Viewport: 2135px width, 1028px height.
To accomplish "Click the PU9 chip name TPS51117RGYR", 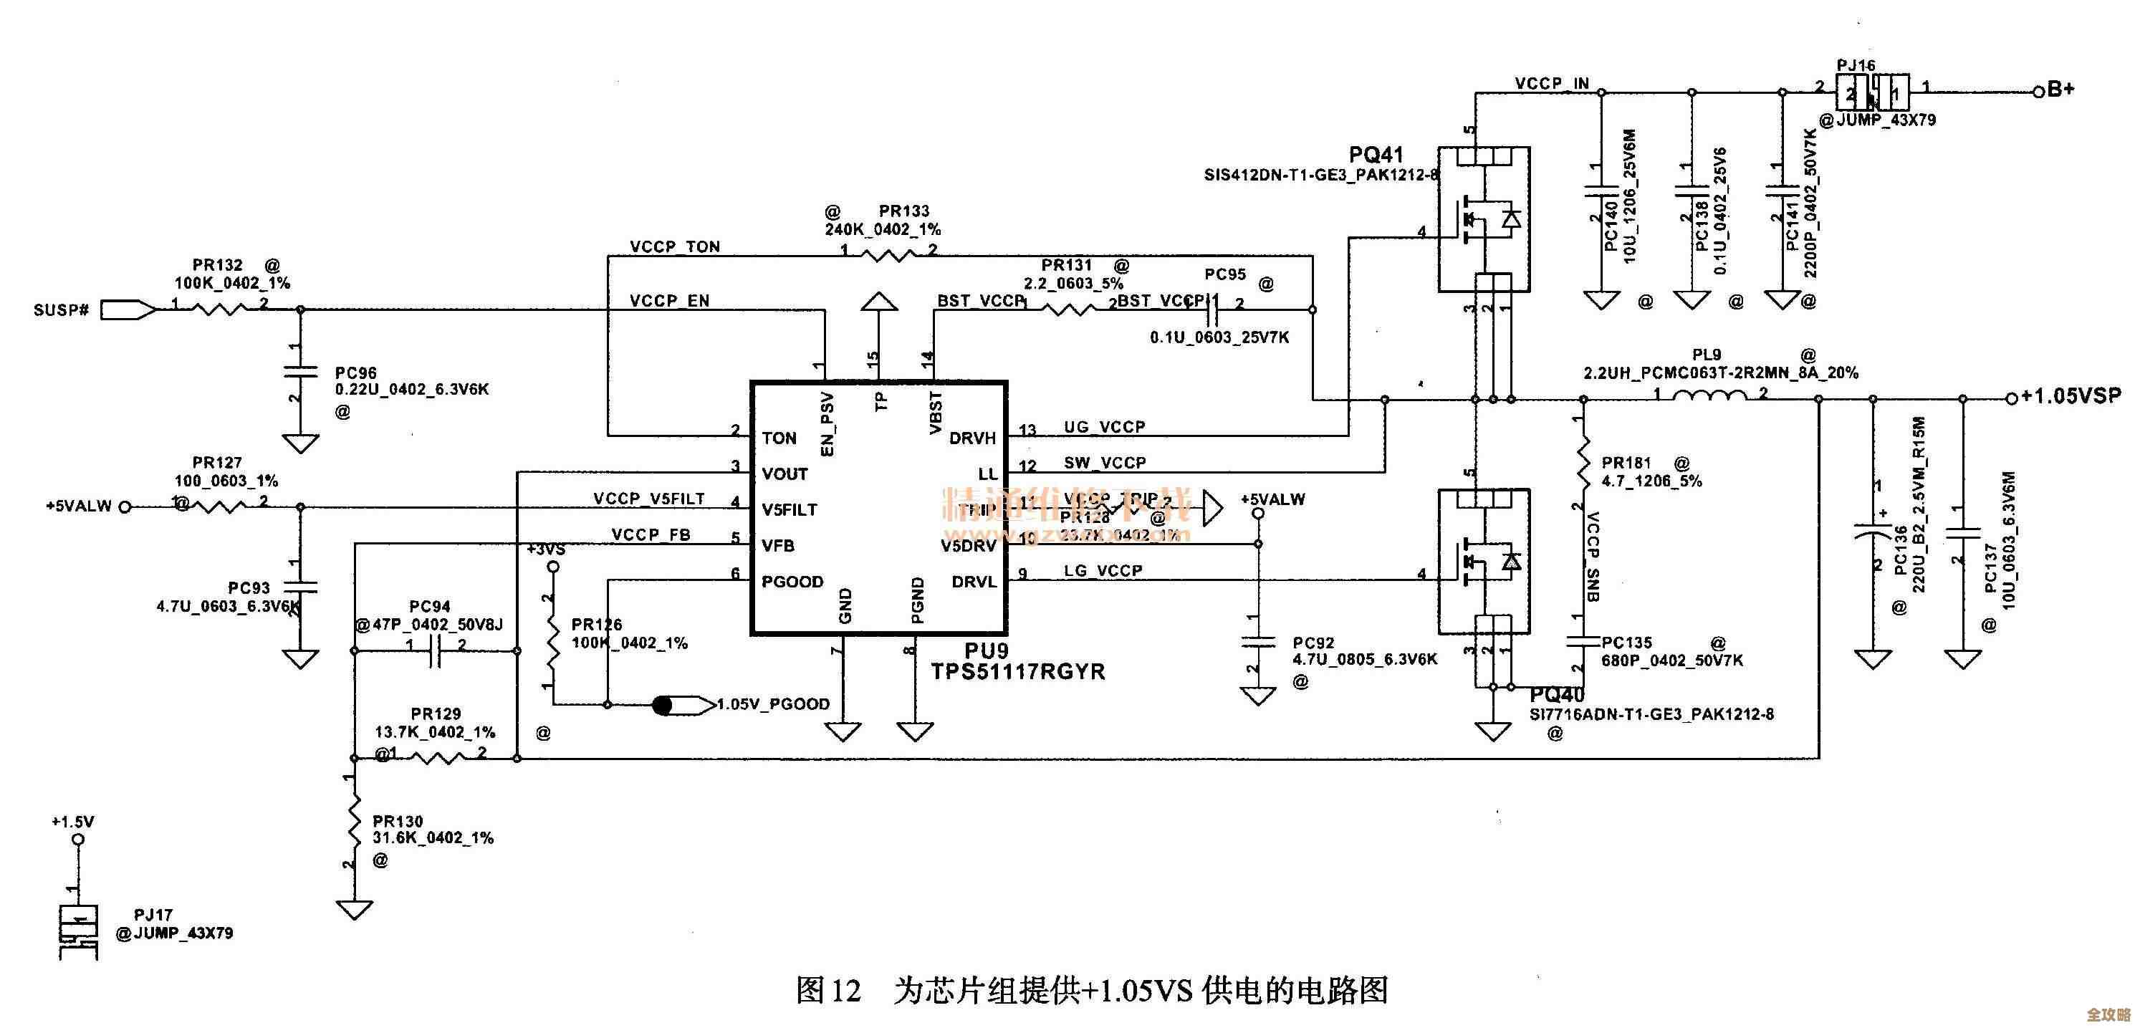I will pyautogui.click(x=1018, y=671).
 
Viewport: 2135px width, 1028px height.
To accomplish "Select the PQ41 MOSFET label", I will pyautogui.click(x=1376, y=155).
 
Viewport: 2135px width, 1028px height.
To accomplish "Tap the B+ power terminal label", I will pyautogui.click(x=2061, y=90).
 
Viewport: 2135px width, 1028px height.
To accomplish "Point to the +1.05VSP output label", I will pyautogui.click(x=2071, y=396).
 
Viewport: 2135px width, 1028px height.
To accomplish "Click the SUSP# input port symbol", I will pyautogui.click(x=128, y=310).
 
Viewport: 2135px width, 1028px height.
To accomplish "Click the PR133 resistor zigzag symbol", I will pyautogui.click(x=887, y=255).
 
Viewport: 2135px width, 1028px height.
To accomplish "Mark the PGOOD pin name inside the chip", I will pyautogui.click(x=792, y=582).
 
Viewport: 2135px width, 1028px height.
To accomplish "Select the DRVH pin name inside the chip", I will pyautogui.click(x=972, y=438).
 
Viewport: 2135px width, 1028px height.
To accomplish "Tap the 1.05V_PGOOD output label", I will pyautogui.click(x=772, y=705).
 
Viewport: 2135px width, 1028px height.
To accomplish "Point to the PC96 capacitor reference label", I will pyautogui.click(x=355, y=373).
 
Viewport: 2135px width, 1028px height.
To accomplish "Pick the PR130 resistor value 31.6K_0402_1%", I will pyautogui.click(x=433, y=838).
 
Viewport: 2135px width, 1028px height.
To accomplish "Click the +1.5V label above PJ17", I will pyautogui.click(x=73, y=822).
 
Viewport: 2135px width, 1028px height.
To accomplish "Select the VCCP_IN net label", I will pyautogui.click(x=1553, y=84).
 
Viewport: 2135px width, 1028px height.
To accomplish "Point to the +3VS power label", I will pyautogui.click(x=546, y=549).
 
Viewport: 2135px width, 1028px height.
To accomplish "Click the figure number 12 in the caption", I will pyautogui.click(x=846, y=990).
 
